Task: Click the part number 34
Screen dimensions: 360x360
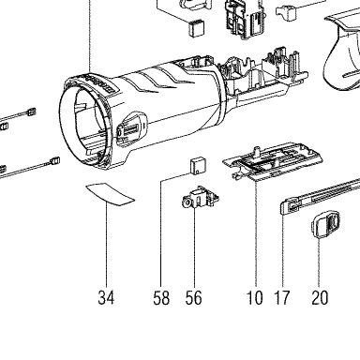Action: (106, 297)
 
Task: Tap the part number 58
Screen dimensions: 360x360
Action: (161, 297)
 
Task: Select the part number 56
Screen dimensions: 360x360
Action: (194, 297)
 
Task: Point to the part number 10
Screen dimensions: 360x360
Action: (255, 297)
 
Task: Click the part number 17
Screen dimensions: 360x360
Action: (282, 297)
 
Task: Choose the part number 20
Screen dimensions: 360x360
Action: (320, 297)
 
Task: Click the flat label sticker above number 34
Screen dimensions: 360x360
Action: (110, 194)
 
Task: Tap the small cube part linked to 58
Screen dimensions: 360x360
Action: (198, 165)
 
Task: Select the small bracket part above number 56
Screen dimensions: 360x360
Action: (200, 198)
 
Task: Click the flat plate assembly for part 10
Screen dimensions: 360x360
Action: (273, 161)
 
